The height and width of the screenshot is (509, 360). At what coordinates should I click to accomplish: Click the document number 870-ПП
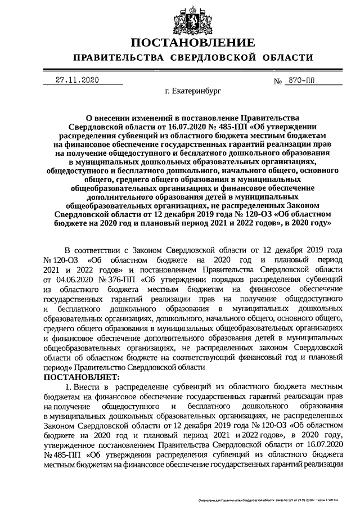coord(301,80)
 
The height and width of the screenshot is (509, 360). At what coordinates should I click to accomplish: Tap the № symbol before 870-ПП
coord(277,81)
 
